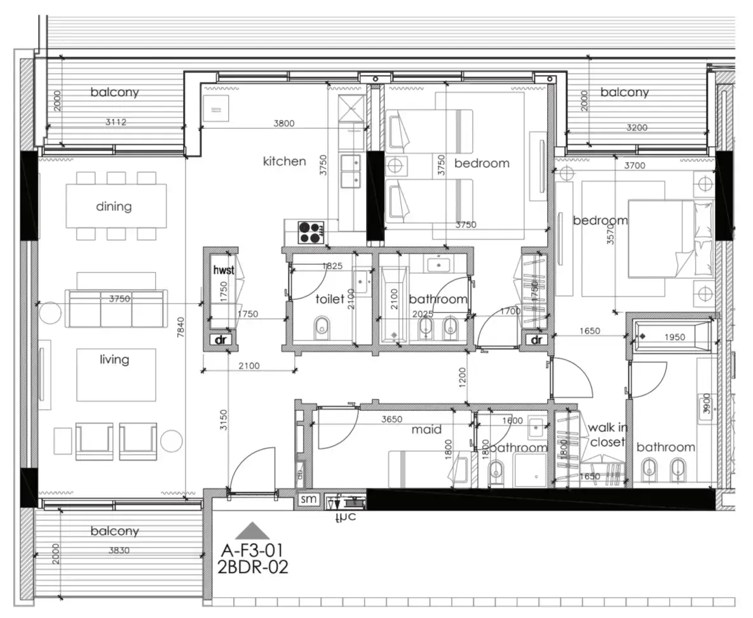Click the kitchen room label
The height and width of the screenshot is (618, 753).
click(284, 161)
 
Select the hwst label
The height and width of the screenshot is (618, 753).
click(224, 271)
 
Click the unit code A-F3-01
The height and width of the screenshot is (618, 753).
click(252, 549)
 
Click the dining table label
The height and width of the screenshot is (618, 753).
click(114, 206)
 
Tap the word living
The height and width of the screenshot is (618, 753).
click(114, 360)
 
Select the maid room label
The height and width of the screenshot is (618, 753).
click(426, 430)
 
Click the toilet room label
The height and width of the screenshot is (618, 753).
click(330, 299)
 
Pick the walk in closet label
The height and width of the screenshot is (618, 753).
click(607, 435)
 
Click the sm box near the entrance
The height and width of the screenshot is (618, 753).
click(309, 500)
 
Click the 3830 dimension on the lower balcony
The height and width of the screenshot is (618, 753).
click(119, 551)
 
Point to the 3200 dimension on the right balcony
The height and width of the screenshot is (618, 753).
click(636, 128)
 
